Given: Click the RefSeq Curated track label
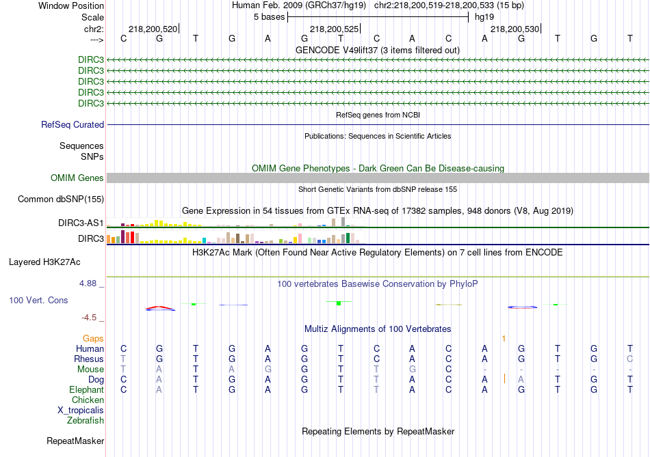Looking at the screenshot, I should (x=73, y=125).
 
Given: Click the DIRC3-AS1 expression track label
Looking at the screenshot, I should (x=81, y=223).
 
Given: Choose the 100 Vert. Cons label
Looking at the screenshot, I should (x=38, y=301).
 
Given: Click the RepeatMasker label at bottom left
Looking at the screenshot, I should (x=75, y=441).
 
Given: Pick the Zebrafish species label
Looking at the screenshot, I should (x=86, y=420).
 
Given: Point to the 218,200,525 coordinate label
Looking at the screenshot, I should (x=334, y=29).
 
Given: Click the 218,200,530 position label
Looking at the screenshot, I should (x=515, y=29).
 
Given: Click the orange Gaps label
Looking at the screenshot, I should (x=93, y=338).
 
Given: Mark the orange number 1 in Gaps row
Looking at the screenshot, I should (x=504, y=338).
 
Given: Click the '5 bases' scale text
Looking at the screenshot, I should (x=266, y=16).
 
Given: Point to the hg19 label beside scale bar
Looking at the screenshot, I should (x=484, y=16).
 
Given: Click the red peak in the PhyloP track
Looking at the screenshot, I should (x=159, y=307).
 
